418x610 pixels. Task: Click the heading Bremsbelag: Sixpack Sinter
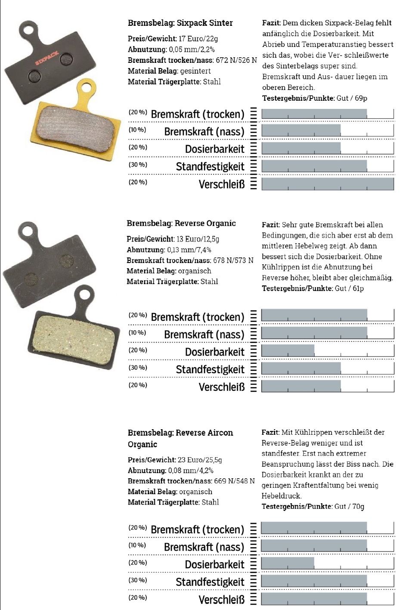click(180, 23)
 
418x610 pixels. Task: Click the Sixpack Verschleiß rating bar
click(327, 184)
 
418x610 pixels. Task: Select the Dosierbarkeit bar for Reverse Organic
click(288, 351)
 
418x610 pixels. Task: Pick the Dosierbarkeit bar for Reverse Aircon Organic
click(287, 563)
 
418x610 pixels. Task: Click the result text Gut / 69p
click(352, 98)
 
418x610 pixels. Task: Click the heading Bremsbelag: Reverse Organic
click(181, 223)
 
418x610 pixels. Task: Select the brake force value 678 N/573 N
click(233, 260)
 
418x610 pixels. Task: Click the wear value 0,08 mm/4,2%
click(191, 471)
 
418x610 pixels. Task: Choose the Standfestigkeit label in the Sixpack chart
click(210, 167)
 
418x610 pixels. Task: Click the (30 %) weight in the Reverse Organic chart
click(138, 368)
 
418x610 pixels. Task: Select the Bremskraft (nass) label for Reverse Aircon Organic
click(204, 547)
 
